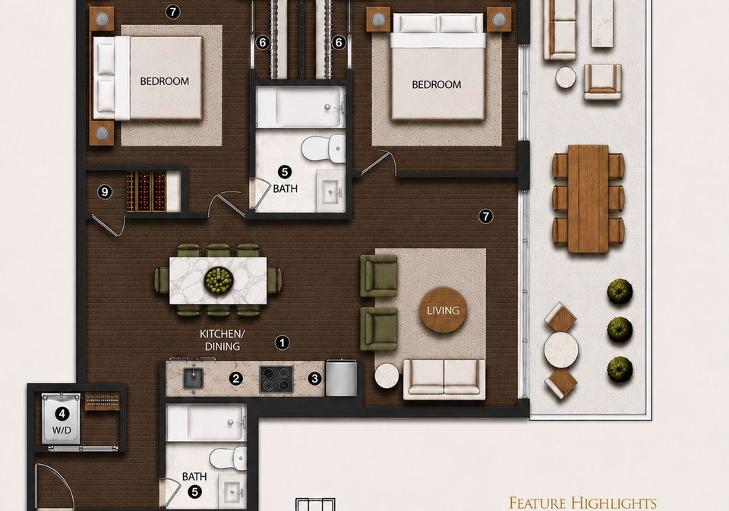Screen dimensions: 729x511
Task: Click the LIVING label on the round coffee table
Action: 443,310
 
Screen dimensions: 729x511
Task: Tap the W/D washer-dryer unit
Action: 62,418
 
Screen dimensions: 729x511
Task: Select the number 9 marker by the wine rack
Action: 105,191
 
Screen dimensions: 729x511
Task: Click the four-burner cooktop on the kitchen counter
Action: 276,379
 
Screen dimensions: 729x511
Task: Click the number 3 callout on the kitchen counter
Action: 314,378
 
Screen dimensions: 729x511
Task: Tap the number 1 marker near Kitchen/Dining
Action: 282,342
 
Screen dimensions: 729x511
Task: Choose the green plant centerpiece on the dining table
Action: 218,280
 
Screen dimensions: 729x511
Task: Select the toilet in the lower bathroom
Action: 229,459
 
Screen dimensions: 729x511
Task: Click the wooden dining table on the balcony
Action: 588,198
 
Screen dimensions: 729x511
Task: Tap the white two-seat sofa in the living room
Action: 444,380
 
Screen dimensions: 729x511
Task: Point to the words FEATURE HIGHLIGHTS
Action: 582,503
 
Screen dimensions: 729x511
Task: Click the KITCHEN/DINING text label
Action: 222,340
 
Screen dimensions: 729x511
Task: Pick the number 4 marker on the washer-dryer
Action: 62,413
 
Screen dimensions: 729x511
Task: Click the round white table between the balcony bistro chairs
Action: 561,350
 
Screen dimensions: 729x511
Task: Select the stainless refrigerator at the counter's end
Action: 342,377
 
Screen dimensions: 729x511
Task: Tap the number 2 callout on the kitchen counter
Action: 235,378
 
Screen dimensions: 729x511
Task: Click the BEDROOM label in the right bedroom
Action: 437,84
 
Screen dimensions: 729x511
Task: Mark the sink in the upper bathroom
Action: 330,191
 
